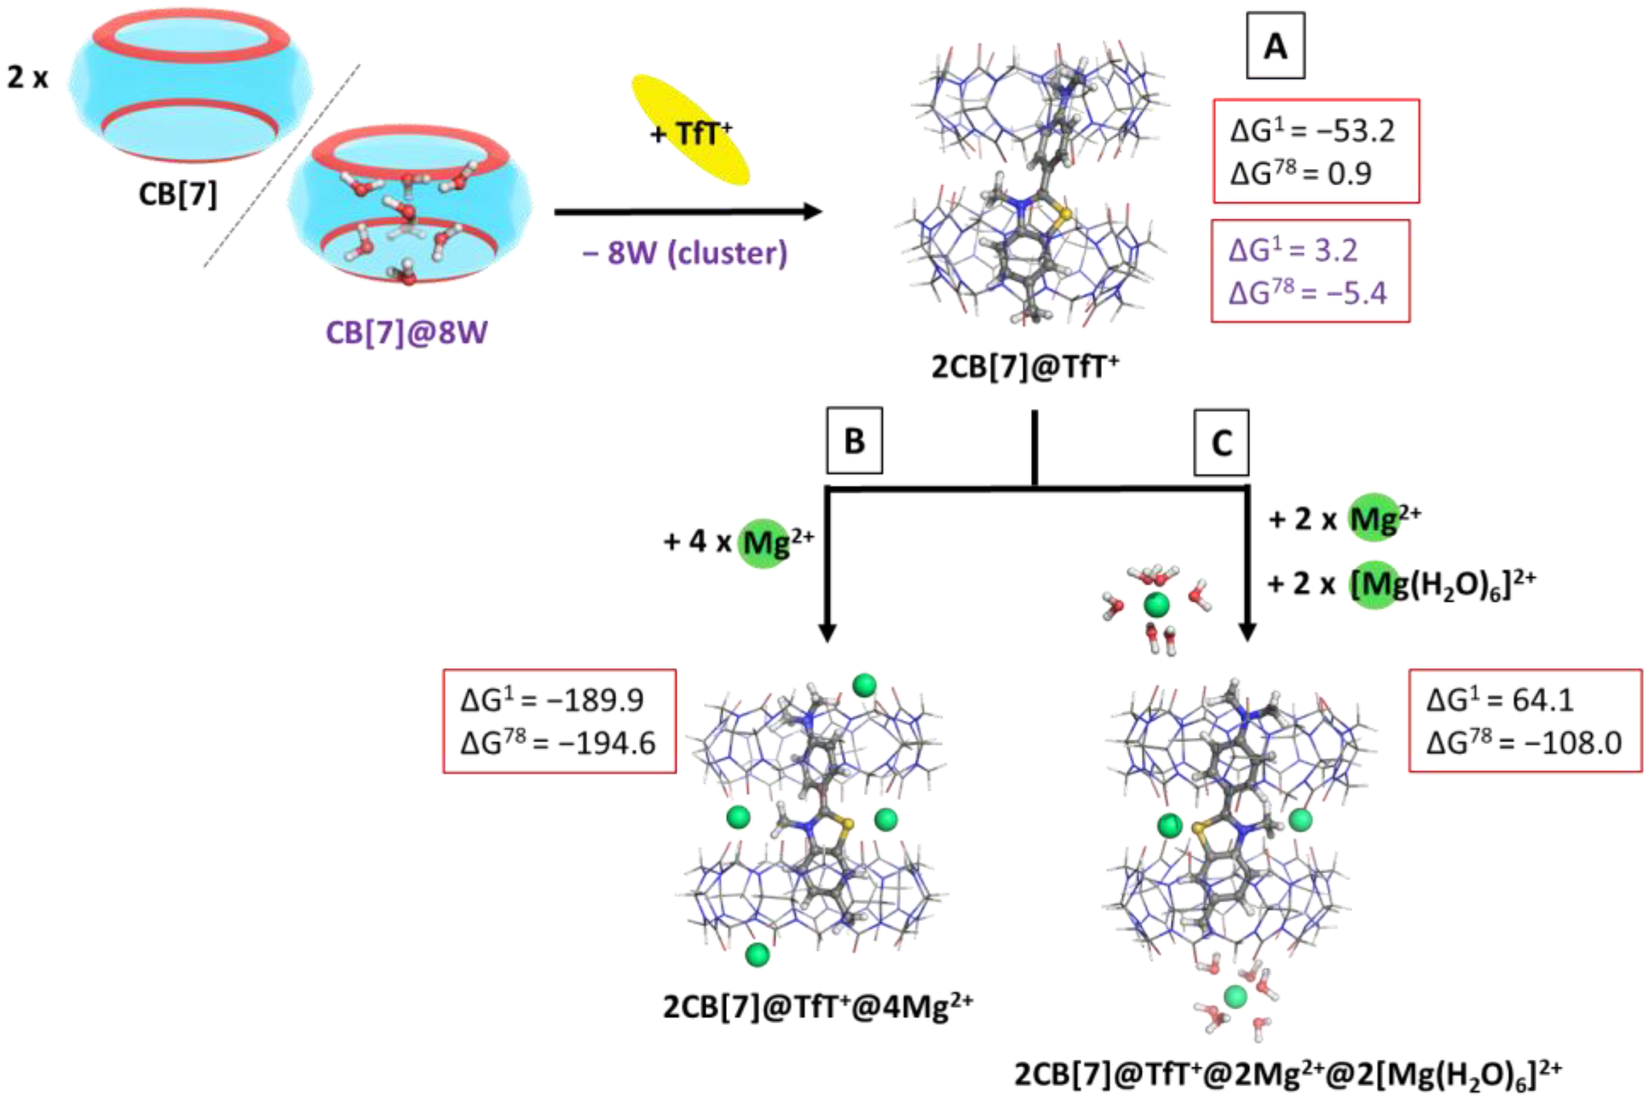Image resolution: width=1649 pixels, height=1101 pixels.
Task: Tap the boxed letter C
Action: coord(1221,443)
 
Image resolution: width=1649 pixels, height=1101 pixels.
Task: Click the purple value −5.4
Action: coord(1357,293)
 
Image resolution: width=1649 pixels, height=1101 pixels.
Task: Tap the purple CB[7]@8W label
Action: coord(406,332)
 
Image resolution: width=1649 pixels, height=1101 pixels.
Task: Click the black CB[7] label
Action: coord(178,194)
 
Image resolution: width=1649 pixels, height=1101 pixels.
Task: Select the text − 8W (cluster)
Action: coord(684,253)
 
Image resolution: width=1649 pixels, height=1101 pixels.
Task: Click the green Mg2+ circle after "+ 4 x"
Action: coord(764,543)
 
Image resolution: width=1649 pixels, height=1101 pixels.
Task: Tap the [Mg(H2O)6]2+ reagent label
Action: coord(1440,583)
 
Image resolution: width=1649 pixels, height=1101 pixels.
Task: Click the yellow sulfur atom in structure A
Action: coord(1065,213)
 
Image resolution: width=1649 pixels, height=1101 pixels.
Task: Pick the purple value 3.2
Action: coord(1335,250)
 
